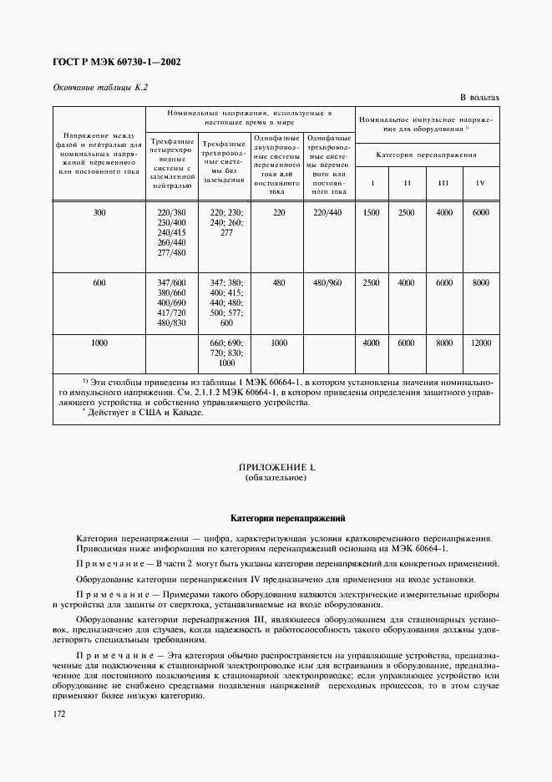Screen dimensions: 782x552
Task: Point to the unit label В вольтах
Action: click(x=479, y=98)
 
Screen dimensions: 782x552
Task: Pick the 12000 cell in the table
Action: click(x=480, y=343)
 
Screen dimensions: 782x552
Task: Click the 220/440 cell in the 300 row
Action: click(x=327, y=212)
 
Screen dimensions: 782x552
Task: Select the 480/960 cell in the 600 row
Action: click(x=327, y=282)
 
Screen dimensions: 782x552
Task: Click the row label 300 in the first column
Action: click(x=99, y=212)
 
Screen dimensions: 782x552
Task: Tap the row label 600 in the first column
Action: click(x=99, y=282)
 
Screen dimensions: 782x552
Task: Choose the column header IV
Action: click(x=480, y=182)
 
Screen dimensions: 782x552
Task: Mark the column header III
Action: click(x=443, y=182)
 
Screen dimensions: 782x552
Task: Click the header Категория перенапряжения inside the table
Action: click(x=427, y=155)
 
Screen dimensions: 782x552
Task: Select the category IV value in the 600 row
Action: click(x=480, y=282)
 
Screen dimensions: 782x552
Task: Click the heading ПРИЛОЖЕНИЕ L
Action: click(x=276, y=467)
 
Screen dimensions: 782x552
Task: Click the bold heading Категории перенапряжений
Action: click(x=276, y=518)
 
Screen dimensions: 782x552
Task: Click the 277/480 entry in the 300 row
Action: click(x=171, y=253)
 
